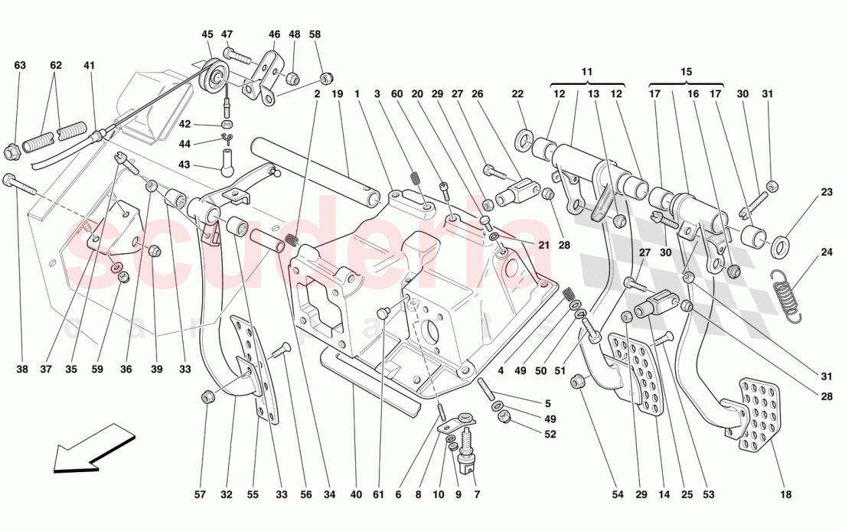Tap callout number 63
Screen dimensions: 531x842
(x=20, y=66)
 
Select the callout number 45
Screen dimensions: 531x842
(x=208, y=34)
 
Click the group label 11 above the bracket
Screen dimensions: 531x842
(x=587, y=71)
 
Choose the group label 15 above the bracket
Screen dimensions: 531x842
(x=686, y=71)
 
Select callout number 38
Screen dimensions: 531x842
(x=21, y=370)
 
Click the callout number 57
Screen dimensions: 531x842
(x=200, y=495)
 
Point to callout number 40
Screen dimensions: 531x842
(x=356, y=495)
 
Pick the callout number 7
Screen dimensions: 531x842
(x=477, y=495)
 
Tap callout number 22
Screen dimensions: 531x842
(x=517, y=94)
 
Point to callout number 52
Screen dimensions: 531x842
(x=550, y=434)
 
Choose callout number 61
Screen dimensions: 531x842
(x=377, y=495)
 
